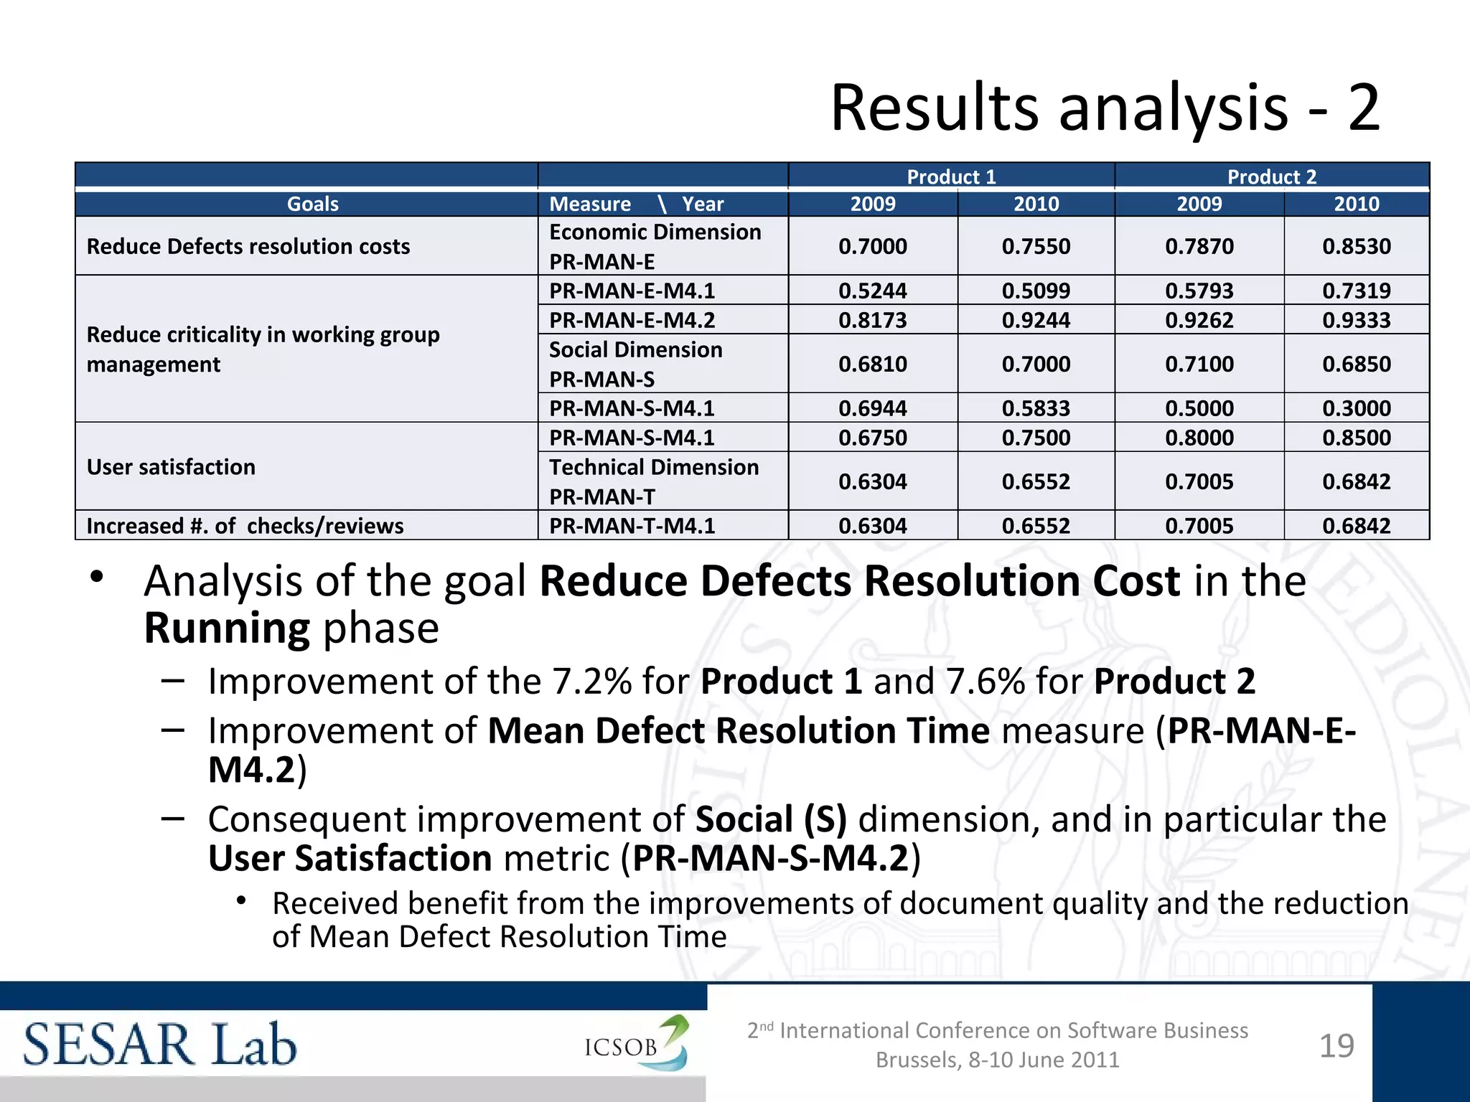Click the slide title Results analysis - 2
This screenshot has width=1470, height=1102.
click(x=1105, y=108)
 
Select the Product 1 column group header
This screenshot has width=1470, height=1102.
click(x=951, y=176)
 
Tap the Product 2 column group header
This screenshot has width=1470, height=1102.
click(x=1271, y=176)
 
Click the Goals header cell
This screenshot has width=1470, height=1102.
click(x=312, y=204)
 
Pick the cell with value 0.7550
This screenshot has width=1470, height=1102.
click(x=1036, y=246)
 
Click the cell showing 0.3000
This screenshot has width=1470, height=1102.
click(x=1356, y=408)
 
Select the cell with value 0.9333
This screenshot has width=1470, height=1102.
click(x=1356, y=320)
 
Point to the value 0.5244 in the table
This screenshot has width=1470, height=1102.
click(x=872, y=291)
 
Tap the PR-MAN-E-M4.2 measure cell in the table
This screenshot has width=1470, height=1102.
click(x=632, y=320)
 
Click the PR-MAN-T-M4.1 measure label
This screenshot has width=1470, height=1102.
click(x=632, y=526)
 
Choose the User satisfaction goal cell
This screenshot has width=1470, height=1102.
click(x=171, y=467)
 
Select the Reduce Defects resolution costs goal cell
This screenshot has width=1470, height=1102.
click(x=248, y=246)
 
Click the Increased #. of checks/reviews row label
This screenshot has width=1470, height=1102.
click(x=245, y=526)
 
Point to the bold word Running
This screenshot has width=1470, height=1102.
click(x=227, y=628)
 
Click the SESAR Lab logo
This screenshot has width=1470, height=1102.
click(x=159, y=1045)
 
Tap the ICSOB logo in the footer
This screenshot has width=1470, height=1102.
click(x=636, y=1044)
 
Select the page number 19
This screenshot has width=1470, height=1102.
click(x=1336, y=1046)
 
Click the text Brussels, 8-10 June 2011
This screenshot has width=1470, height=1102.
click(x=997, y=1060)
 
